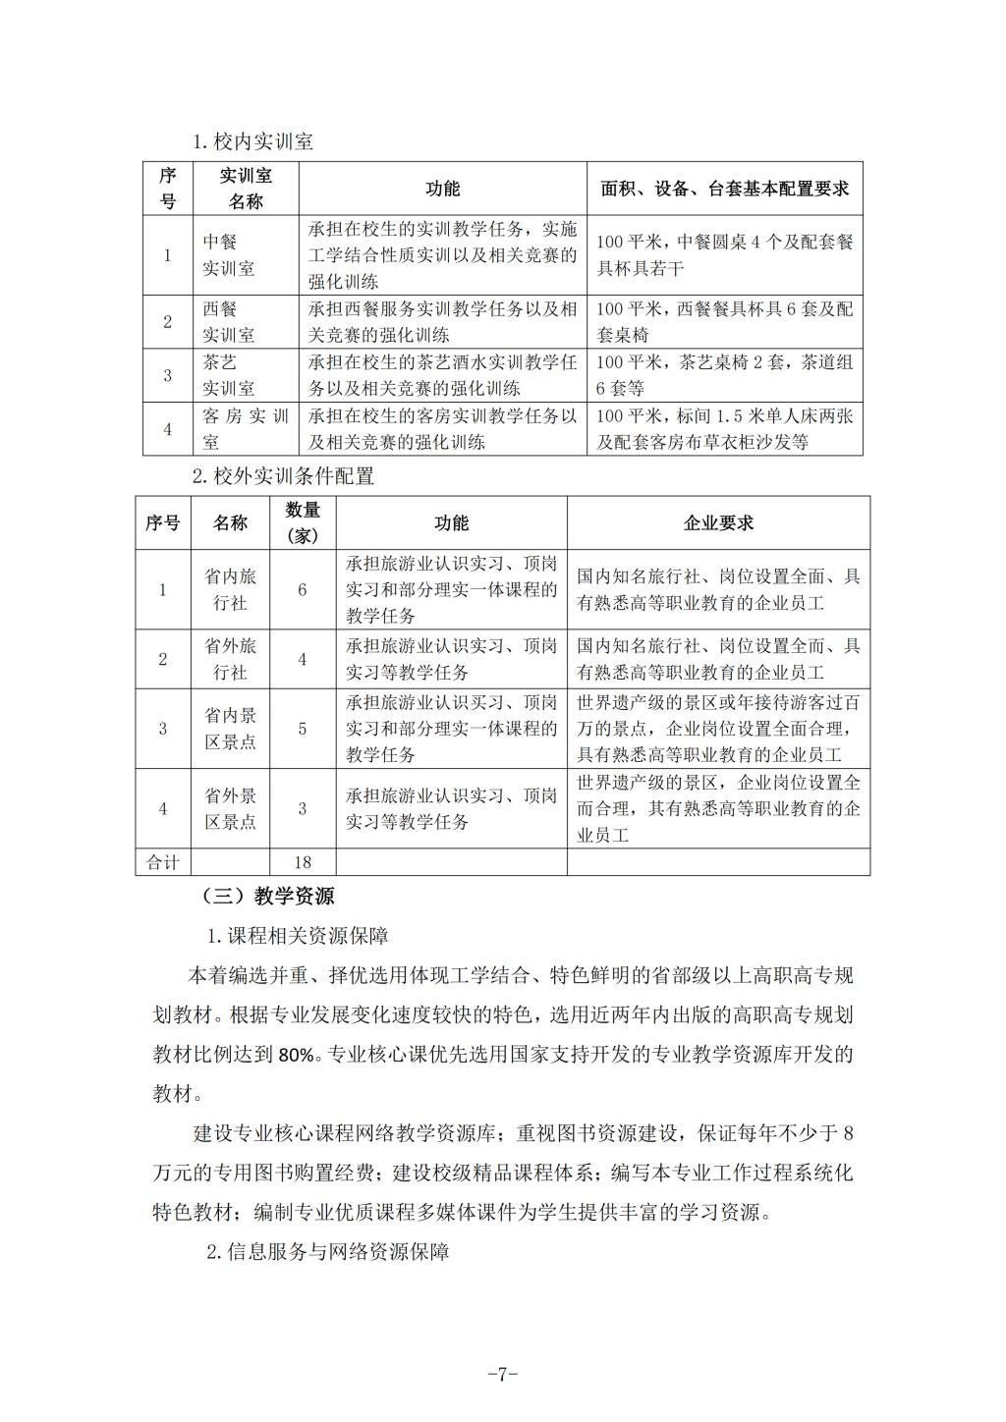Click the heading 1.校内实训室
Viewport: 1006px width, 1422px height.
(x=252, y=141)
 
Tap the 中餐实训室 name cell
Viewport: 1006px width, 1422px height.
(x=229, y=254)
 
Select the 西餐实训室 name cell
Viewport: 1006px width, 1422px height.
(x=229, y=321)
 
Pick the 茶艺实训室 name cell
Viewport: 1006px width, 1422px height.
(x=229, y=375)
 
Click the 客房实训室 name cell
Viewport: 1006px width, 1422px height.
(x=246, y=429)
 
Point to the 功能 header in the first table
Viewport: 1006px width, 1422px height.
(x=442, y=189)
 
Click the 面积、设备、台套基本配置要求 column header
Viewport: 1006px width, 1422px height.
(x=724, y=189)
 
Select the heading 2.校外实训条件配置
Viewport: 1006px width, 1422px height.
(x=283, y=477)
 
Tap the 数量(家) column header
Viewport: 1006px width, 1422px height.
(x=303, y=522)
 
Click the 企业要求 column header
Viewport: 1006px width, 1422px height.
(x=718, y=522)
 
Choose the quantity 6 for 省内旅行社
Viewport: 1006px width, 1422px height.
(x=303, y=589)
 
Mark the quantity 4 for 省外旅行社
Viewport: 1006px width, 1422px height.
(x=303, y=659)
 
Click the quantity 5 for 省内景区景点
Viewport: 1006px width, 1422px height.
(x=303, y=729)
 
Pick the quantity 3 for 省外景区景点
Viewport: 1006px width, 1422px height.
(x=303, y=808)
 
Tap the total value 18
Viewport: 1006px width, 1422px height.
(x=303, y=862)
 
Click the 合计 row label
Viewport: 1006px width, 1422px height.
(x=163, y=862)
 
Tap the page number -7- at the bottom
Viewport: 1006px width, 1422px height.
(x=502, y=1374)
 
